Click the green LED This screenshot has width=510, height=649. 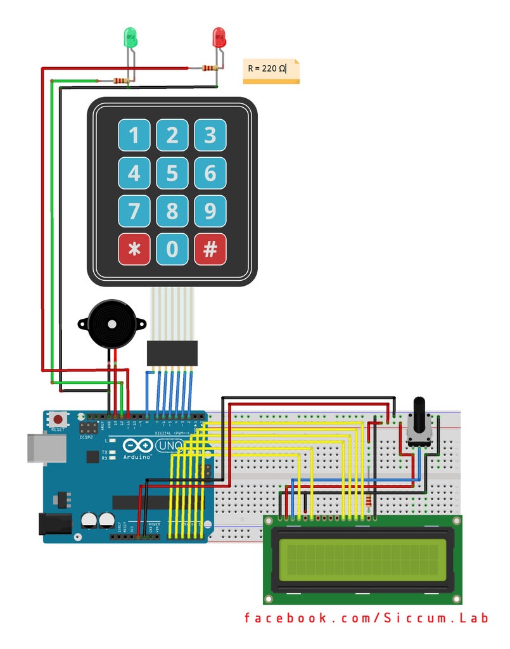[130, 37]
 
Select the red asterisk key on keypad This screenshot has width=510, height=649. [134, 249]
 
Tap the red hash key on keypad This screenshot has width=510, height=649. [210, 249]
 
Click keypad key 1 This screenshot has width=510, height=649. [134, 135]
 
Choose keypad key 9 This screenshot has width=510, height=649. [210, 211]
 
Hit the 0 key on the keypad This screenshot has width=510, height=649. [172, 249]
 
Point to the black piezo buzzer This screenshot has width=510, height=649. [112, 324]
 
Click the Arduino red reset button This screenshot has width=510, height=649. [59, 420]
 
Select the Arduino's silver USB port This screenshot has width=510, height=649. [46, 447]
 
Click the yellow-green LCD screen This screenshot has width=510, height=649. [362, 558]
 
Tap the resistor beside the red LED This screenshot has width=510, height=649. [209, 68]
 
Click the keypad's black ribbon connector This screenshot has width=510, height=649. [172, 353]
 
